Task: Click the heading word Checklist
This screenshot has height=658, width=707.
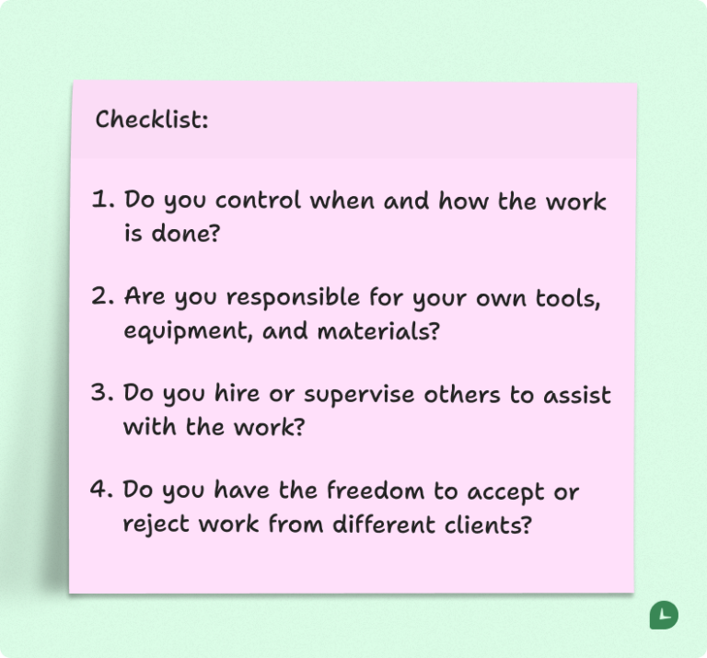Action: pyautogui.click(x=151, y=120)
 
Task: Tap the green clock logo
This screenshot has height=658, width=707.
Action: pyautogui.click(x=664, y=616)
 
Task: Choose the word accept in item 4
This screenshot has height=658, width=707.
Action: pyautogui.click(x=500, y=492)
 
